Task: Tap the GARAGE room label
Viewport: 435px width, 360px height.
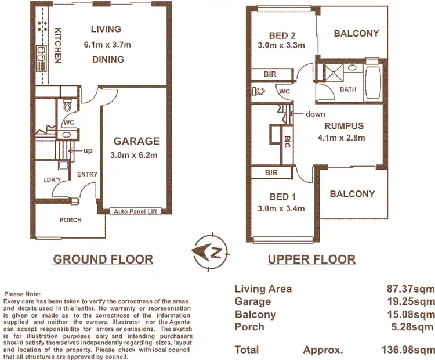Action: pyautogui.click(x=136, y=141)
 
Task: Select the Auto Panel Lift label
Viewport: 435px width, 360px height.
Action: pyautogui.click(x=136, y=211)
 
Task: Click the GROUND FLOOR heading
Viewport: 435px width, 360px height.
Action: pyautogui.click(x=103, y=260)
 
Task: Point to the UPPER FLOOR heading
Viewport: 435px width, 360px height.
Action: pyautogui.click(x=311, y=260)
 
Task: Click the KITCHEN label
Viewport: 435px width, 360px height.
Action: pyautogui.click(x=58, y=46)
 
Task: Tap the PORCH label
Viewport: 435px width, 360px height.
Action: pyautogui.click(x=71, y=220)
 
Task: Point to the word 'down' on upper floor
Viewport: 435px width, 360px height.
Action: pyautogui.click(x=316, y=114)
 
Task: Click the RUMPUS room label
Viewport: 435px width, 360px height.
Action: pyautogui.click(x=344, y=126)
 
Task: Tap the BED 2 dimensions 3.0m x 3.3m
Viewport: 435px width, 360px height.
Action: pyautogui.click(x=281, y=45)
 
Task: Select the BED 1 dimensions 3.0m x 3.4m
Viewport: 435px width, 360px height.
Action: pyautogui.click(x=281, y=209)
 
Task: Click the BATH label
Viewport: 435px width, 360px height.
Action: pyautogui.click(x=348, y=89)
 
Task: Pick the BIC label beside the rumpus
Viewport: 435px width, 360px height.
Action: pyautogui.click(x=287, y=142)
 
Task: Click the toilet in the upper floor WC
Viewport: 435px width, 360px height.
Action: pyautogui.click(x=259, y=91)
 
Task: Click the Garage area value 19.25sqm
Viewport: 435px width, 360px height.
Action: pyautogui.click(x=412, y=301)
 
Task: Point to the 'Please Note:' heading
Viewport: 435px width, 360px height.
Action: pyautogui.click(x=21, y=294)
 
